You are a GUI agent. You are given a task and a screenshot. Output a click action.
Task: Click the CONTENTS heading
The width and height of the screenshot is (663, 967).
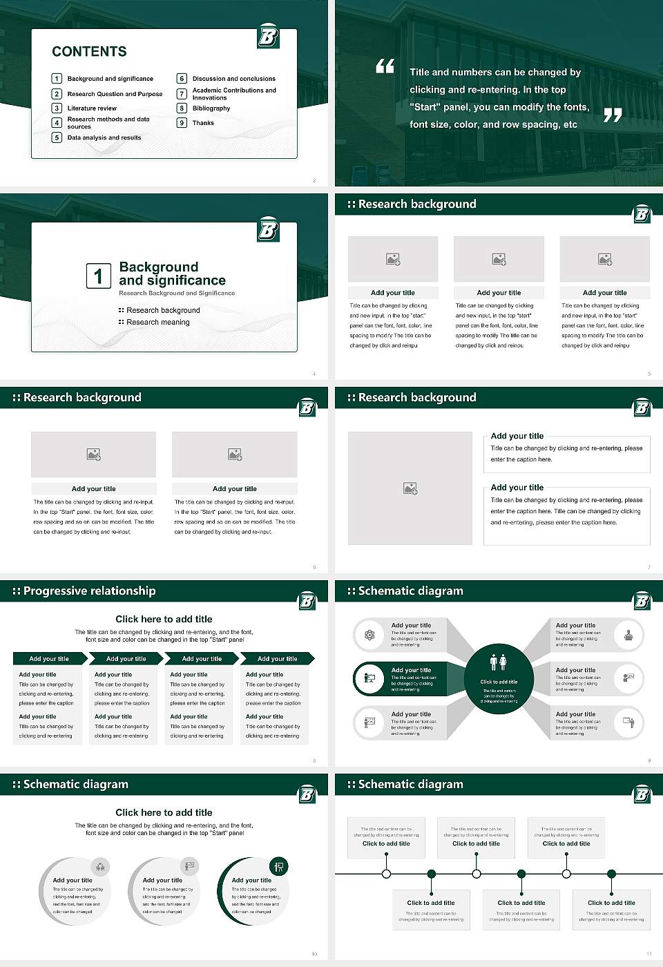click(x=89, y=52)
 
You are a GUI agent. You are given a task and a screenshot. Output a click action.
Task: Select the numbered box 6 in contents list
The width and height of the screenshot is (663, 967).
click(x=182, y=79)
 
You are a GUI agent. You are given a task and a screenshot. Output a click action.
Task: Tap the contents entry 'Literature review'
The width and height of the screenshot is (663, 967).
click(x=92, y=108)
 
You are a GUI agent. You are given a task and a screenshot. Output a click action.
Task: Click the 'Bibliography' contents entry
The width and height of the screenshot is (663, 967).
click(x=211, y=108)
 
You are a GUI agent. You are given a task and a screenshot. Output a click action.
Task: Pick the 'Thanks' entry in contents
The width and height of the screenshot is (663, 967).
click(x=203, y=123)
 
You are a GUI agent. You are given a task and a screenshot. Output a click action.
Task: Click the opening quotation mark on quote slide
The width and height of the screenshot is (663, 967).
click(x=385, y=66)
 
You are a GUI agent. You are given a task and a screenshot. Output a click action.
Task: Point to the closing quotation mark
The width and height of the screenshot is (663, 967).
click(x=613, y=115)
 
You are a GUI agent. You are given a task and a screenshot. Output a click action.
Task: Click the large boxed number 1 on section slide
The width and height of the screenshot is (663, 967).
click(x=98, y=276)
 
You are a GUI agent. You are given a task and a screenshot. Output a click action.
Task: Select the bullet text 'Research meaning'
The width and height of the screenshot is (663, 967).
click(x=157, y=323)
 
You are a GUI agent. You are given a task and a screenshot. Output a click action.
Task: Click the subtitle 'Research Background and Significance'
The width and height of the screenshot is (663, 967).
click(x=177, y=294)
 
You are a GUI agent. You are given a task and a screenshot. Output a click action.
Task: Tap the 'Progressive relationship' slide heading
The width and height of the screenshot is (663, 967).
click(x=89, y=591)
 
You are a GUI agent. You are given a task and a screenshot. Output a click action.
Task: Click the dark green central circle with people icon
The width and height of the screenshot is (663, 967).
click(x=499, y=679)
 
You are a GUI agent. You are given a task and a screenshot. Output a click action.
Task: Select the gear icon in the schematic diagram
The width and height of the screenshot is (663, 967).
click(x=369, y=635)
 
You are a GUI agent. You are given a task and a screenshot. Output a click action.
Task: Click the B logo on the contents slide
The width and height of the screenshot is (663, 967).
click(x=268, y=36)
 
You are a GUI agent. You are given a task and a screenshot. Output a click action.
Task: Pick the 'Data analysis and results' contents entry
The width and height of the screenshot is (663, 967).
click(x=104, y=138)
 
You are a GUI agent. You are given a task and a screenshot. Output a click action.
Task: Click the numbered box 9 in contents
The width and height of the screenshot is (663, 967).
click(x=182, y=123)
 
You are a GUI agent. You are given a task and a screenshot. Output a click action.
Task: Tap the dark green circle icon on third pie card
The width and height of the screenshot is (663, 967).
click(x=279, y=866)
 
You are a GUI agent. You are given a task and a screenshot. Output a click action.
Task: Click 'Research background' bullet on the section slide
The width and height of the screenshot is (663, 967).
click(x=163, y=311)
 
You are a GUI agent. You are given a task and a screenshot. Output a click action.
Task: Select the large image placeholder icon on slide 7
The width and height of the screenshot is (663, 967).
click(x=410, y=488)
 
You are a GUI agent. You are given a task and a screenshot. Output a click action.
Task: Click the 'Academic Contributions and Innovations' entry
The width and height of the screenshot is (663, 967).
click(x=234, y=94)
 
